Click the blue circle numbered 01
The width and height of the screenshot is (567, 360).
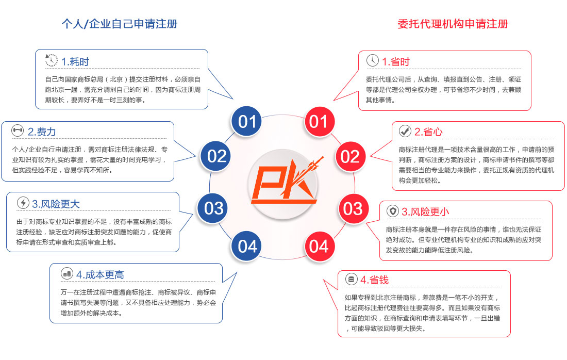tap(246, 121)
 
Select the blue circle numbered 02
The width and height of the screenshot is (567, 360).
tap(216, 156)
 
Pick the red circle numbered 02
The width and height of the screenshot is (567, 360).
tap(350, 157)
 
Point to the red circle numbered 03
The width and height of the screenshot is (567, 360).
tap(353, 209)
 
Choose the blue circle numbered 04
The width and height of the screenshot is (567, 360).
tap(246, 247)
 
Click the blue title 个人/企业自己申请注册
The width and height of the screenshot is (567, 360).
tap(120, 24)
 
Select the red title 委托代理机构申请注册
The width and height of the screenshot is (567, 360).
tap(453, 24)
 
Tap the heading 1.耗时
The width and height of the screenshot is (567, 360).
tap(75, 61)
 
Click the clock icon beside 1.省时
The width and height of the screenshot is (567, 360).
tap(373, 60)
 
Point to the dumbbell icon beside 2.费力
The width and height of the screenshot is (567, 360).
tap(18, 130)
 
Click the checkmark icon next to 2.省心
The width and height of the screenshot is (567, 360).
tap(405, 131)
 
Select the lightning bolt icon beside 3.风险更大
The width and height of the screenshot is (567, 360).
tap(23, 203)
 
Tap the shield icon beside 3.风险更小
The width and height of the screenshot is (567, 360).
tap(393, 211)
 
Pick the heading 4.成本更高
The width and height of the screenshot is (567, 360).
tap(100, 275)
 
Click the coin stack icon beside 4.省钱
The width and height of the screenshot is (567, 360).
tap(351, 279)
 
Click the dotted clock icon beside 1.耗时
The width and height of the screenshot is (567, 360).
tap(52, 60)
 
